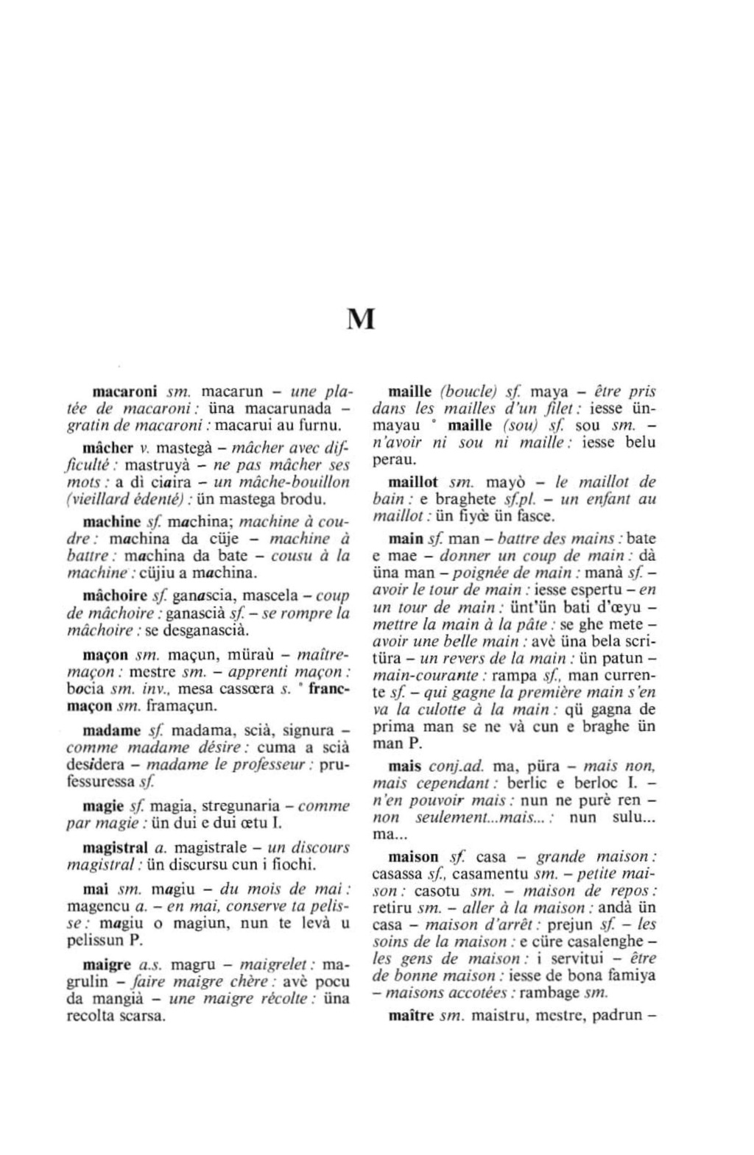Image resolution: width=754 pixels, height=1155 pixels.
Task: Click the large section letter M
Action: (x=361, y=319)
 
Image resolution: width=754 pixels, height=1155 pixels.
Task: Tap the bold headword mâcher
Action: (x=108, y=448)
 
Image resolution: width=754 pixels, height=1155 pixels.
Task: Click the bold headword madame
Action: (x=112, y=730)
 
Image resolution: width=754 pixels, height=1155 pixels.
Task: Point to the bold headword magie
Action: (x=102, y=805)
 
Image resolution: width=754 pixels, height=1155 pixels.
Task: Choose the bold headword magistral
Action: (x=113, y=847)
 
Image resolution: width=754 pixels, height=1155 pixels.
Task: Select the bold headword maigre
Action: (x=107, y=964)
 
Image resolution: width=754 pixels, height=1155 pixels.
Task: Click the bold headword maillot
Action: (x=412, y=482)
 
